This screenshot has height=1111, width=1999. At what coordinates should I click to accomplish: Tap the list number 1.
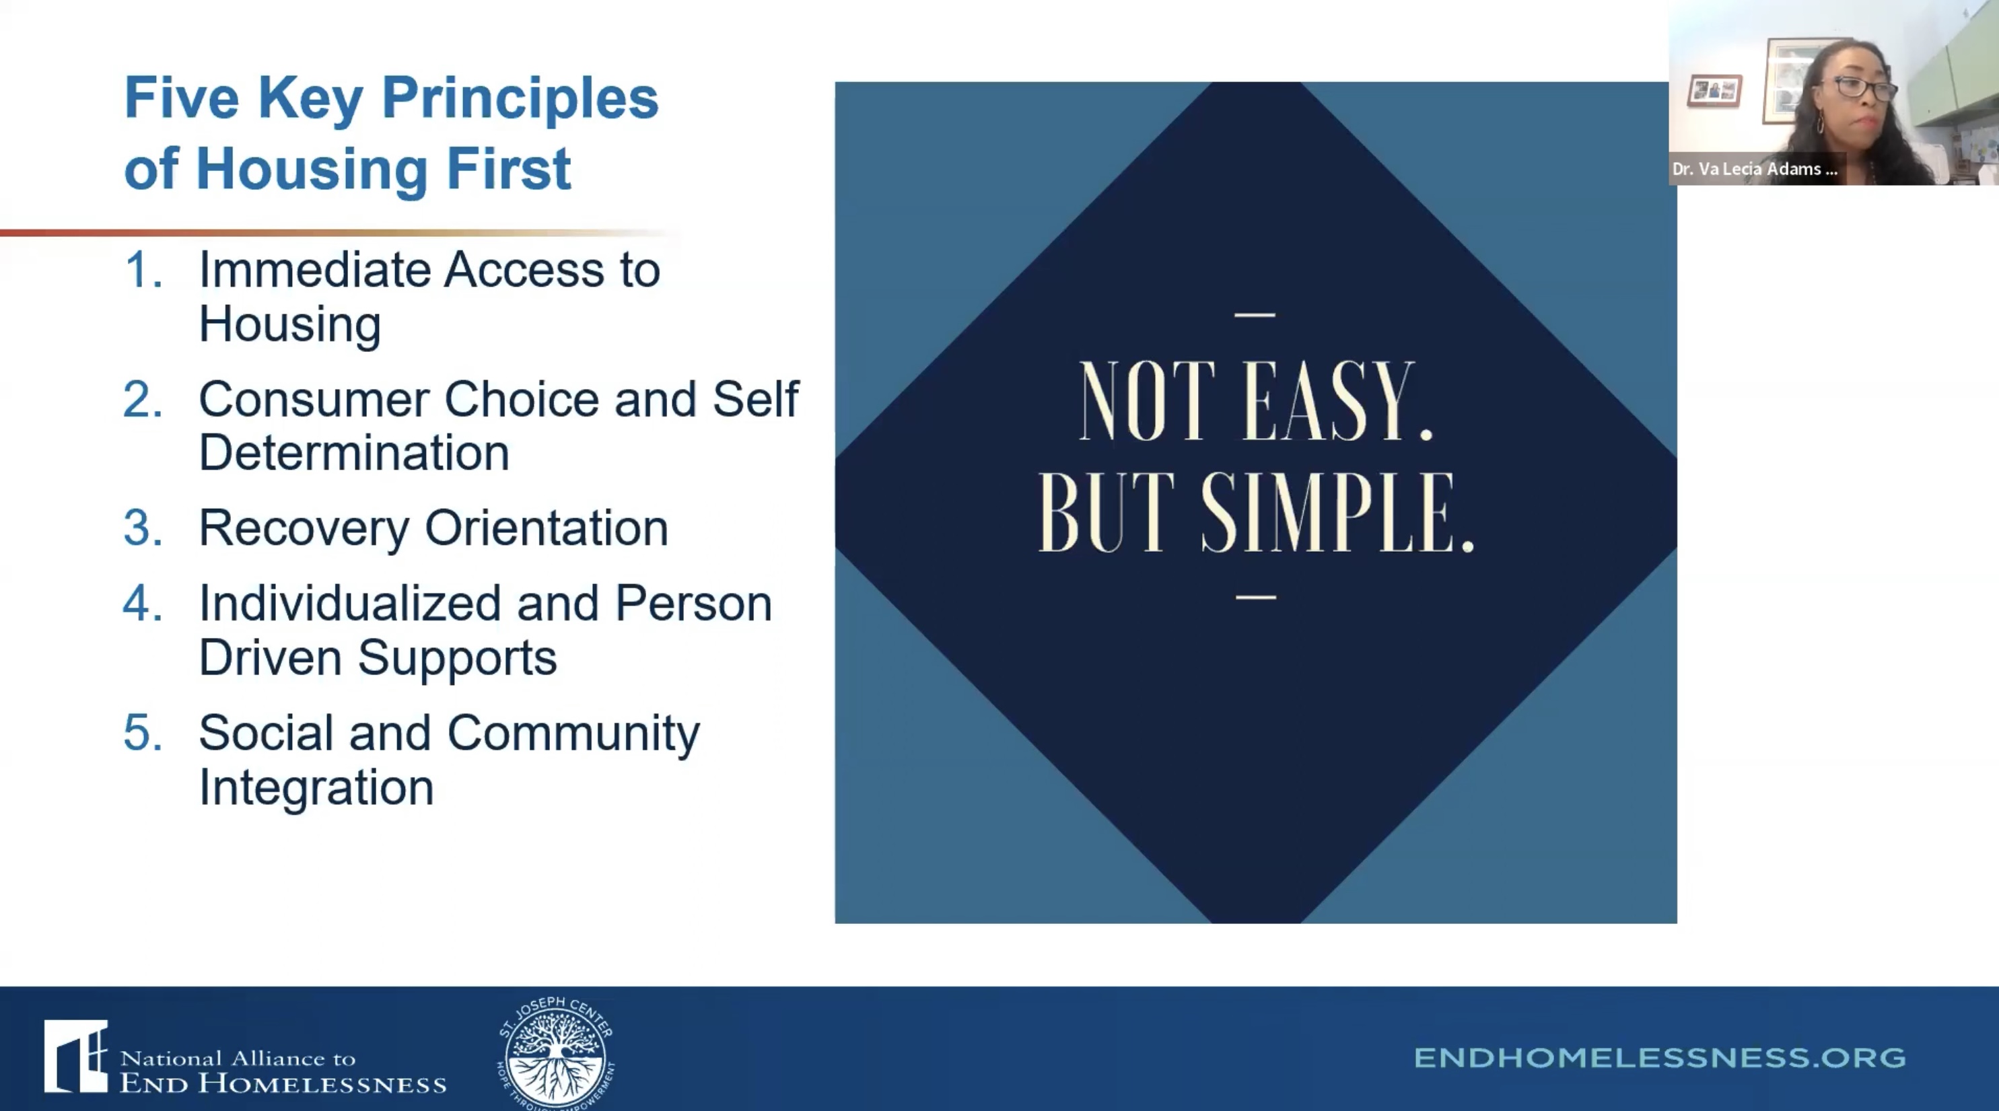(x=143, y=270)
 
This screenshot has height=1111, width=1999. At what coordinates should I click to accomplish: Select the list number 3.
(x=143, y=528)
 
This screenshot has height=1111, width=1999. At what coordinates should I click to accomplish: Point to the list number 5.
(x=143, y=733)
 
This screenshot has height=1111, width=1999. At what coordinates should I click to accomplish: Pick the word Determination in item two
(x=354, y=452)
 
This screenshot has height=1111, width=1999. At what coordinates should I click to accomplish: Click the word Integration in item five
(x=316, y=788)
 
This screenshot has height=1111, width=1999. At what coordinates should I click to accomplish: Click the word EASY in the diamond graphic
(x=1339, y=402)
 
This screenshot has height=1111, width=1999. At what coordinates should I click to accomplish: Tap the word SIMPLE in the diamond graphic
(x=1338, y=513)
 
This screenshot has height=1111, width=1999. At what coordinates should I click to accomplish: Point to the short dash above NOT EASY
(x=1255, y=315)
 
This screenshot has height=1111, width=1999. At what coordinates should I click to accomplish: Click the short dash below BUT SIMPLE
(x=1255, y=598)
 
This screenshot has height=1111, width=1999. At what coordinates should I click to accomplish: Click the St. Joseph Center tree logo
(x=556, y=1054)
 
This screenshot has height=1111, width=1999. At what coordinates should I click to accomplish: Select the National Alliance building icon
(x=75, y=1056)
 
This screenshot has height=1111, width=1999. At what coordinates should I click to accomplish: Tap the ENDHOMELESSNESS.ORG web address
(x=1660, y=1057)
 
